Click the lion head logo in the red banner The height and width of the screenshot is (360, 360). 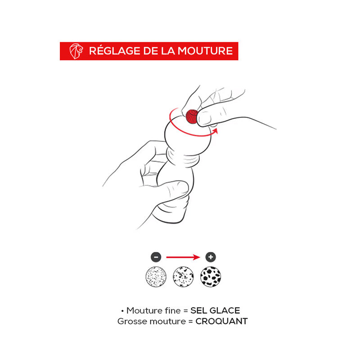pyautogui.click(x=76, y=51)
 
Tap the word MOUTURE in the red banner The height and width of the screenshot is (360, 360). pyautogui.click(x=205, y=51)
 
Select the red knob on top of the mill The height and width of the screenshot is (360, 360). pyautogui.click(x=192, y=117)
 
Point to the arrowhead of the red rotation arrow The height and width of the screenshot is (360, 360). pyautogui.click(x=215, y=131)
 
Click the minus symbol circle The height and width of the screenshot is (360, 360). pyautogui.click(x=156, y=257)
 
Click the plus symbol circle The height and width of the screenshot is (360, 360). pyautogui.click(x=211, y=257)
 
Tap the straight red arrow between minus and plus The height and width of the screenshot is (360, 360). pyautogui.click(x=183, y=257)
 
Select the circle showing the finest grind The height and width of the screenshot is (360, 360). pyautogui.click(x=156, y=277)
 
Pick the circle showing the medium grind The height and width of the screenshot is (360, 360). pyautogui.click(x=183, y=277)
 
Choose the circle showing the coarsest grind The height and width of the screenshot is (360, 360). pyautogui.click(x=211, y=277)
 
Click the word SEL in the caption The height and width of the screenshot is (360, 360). pyautogui.click(x=198, y=310)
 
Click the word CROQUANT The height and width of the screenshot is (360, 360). pyautogui.click(x=221, y=321)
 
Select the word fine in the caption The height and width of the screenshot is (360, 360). pyautogui.click(x=172, y=310)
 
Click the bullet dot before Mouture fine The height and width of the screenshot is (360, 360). pyautogui.click(x=122, y=311)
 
